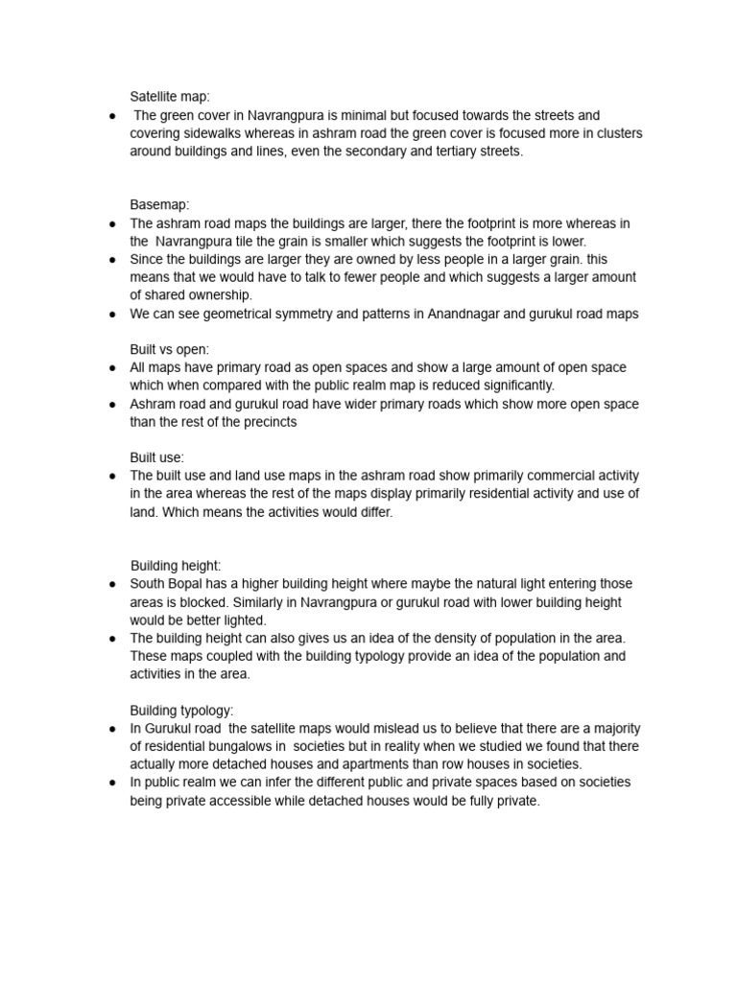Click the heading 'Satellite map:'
click(x=170, y=97)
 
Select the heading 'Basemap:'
click(x=159, y=204)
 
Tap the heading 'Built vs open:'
click(x=169, y=349)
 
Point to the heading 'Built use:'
click(x=157, y=457)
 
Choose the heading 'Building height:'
click(x=176, y=566)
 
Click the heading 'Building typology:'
click(x=181, y=711)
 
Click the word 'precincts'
click(x=266, y=422)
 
